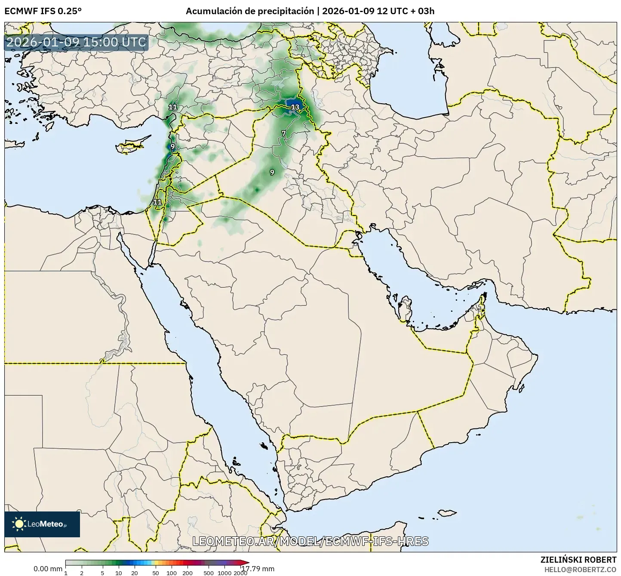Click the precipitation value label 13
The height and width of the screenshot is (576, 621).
[x=295, y=107]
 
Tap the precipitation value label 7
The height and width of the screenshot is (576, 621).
[x=283, y=133]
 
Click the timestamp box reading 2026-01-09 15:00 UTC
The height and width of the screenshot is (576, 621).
[x=76, y=43]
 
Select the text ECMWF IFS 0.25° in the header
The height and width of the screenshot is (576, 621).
[x=43, y=11]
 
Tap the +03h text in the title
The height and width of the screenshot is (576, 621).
[x=424, y=11]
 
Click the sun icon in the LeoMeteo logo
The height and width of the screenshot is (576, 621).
[x=19, y=524]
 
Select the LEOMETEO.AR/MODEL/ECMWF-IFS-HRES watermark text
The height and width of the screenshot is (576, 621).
[x=310, y=541]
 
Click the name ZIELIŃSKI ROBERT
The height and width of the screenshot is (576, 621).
[x=578, y=560]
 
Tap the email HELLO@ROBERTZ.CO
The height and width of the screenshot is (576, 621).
[x=580, y=569]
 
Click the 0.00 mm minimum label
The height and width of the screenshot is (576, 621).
[x=48, y=569]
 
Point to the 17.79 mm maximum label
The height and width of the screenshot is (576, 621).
[x=261, y=569]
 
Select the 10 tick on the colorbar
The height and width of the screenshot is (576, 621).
[x=119, y=573]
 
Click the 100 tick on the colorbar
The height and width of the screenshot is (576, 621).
[x=172, y=573]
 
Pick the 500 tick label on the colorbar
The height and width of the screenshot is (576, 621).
[x=209, y=573]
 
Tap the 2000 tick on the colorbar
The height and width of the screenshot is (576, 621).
[x=240, y=573]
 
